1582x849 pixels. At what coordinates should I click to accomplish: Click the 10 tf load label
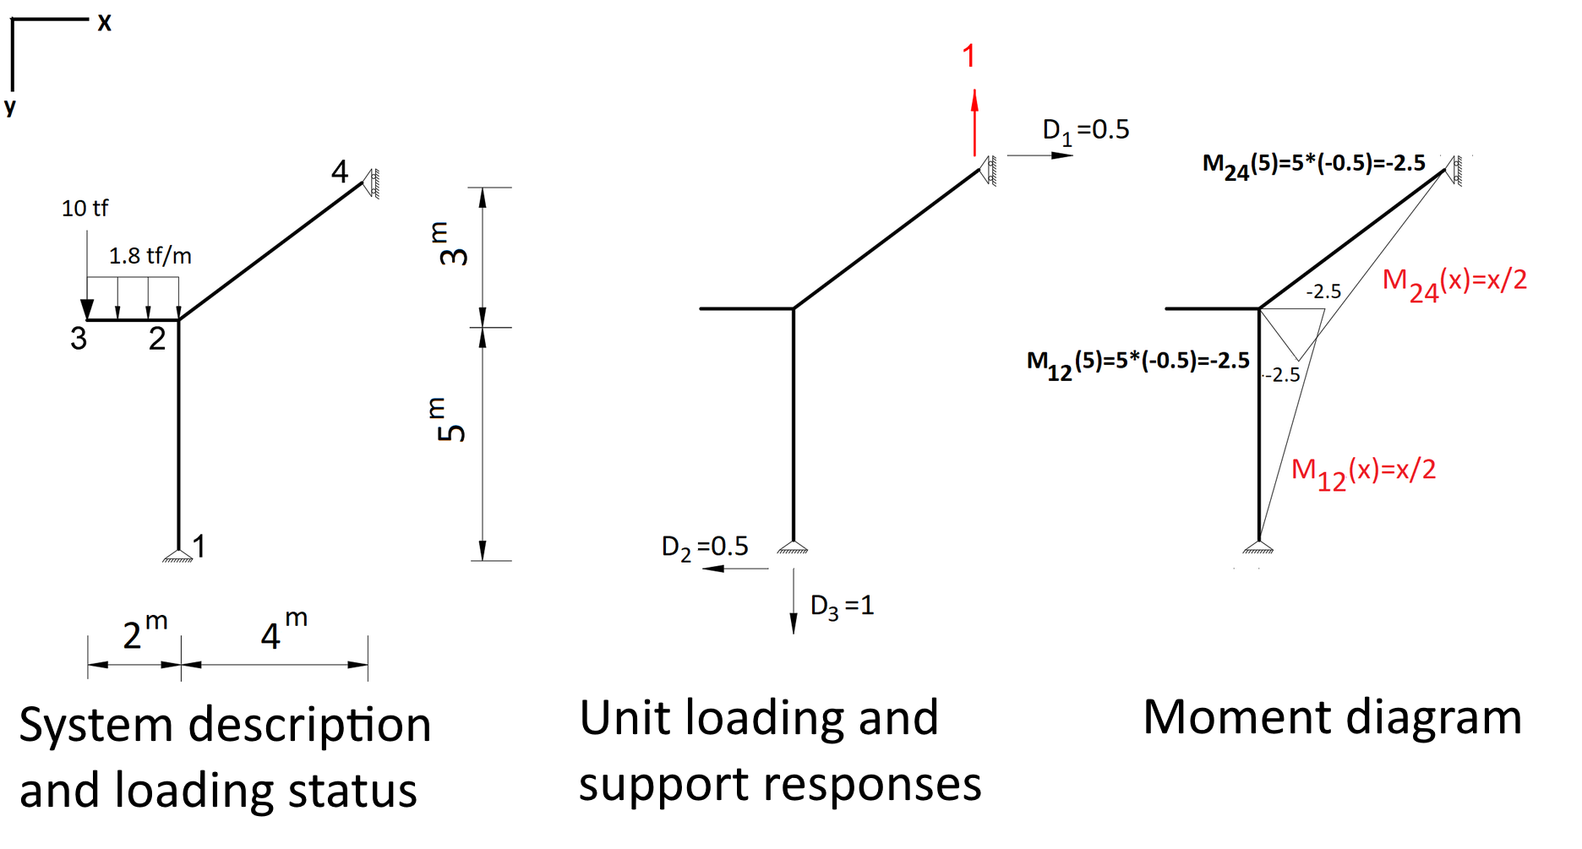pos(85,208)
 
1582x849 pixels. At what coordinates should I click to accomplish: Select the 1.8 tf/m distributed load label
pos(150,255)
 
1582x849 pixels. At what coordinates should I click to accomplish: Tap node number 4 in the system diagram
pos(340,172)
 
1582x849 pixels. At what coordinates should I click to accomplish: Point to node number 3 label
pos(79,339)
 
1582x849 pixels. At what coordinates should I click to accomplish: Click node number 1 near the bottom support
pos(199,547)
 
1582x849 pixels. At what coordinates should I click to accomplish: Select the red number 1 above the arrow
pos(969,57)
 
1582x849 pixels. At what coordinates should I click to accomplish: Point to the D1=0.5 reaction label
pos(1086,130)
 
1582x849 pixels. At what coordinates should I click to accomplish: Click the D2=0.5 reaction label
pos(705,547)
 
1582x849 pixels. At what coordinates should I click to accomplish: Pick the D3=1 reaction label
pos(842,606)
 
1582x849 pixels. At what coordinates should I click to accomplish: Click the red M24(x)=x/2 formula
pos(1454,281)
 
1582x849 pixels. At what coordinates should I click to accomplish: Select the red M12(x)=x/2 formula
pos(1363,471)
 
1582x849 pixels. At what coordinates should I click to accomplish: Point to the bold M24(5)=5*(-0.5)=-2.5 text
pos(1313,164)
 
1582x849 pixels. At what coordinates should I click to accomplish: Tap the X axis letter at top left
pos(104,23)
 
